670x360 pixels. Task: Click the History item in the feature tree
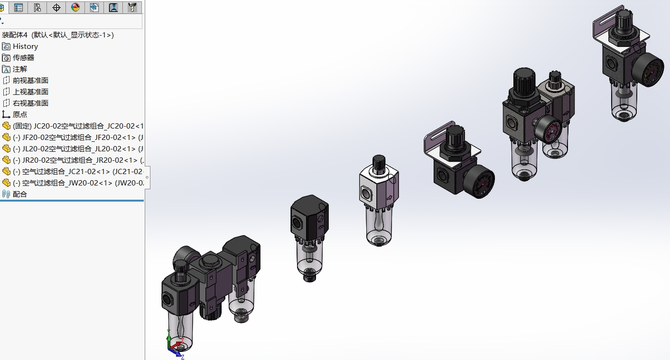26,46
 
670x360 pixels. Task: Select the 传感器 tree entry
23,58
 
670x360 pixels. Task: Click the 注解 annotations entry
20,69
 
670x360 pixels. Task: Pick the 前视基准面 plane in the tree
30,81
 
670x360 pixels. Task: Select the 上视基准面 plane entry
30,92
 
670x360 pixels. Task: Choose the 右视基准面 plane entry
30,103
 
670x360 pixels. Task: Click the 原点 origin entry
20,114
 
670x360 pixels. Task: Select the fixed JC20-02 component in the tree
78,126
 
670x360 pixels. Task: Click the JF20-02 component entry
78,137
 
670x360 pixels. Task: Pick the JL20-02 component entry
78,148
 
